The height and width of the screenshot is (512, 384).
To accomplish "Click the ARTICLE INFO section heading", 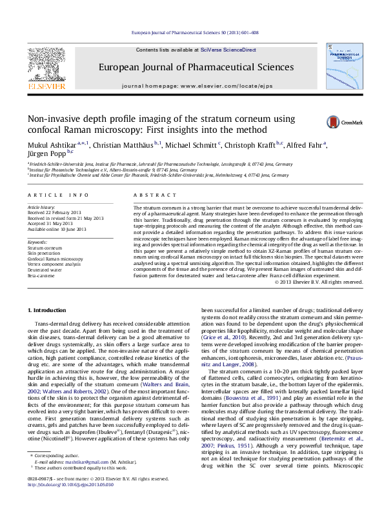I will click(x=58, y=195).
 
